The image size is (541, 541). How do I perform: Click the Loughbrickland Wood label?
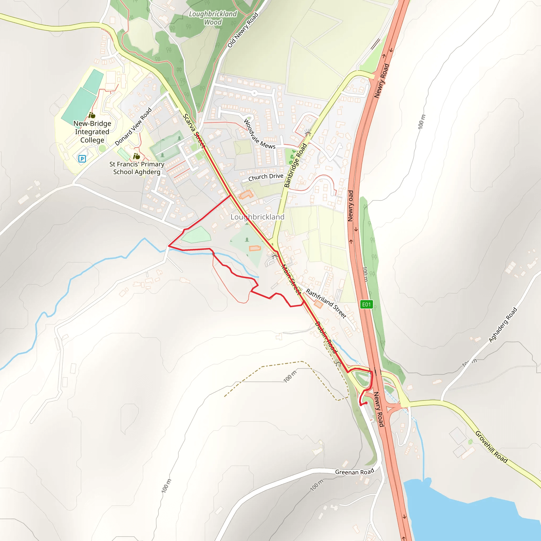pyautogui.click(x=213, y=18)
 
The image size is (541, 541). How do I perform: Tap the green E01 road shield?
pyautogui.click(x=366, y=304)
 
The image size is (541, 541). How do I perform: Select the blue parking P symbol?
pyautogui.click(x=82, y=159)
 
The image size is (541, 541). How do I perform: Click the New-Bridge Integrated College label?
pyautogui.click(x=92, y=132)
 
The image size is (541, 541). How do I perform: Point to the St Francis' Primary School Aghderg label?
pyautogui.click(x=137, y=168)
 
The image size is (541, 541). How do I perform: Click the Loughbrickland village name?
pyautogui.click(x=257, y=217)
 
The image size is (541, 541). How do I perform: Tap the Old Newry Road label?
pyautogui.click(x=242, y=30)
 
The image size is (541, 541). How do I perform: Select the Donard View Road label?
pyautogui.click(x=133, y=127)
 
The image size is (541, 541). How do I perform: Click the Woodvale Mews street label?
pyautogui.click(x=259, y=134)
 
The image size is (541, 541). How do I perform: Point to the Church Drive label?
pyautogui.click(x=266, y=177)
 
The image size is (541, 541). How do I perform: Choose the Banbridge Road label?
pyautogui.click(x=295, y=165)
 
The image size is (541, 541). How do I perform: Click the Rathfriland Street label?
pyautogui.click(x=326, y=304)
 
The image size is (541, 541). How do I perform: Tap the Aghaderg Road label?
pyautogui.click(x=503, y=325)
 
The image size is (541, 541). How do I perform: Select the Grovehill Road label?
pyautogui.click(x=491, y=447)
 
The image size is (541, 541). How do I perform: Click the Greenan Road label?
pyautogui.click(x=355, y=472)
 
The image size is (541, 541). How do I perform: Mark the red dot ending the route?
pyautogui.click(x=366, y=403)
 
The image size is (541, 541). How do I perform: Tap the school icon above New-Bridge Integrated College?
pyautogui.click(x=92, y=115)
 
